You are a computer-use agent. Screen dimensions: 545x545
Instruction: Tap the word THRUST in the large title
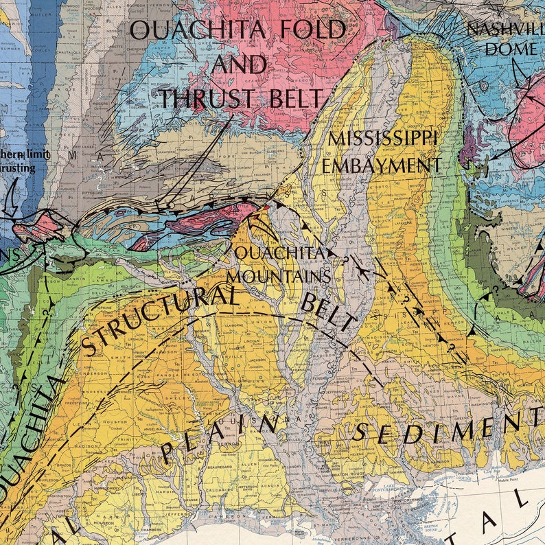tap(210, 98)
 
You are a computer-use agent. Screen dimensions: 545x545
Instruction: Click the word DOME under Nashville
tap(511, 49)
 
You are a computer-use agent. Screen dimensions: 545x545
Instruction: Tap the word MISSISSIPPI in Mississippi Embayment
tap(382, 138)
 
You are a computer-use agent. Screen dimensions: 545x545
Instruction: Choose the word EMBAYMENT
tap(382, 165)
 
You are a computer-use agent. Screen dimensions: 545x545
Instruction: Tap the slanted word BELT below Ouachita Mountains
tap(329, 312)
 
